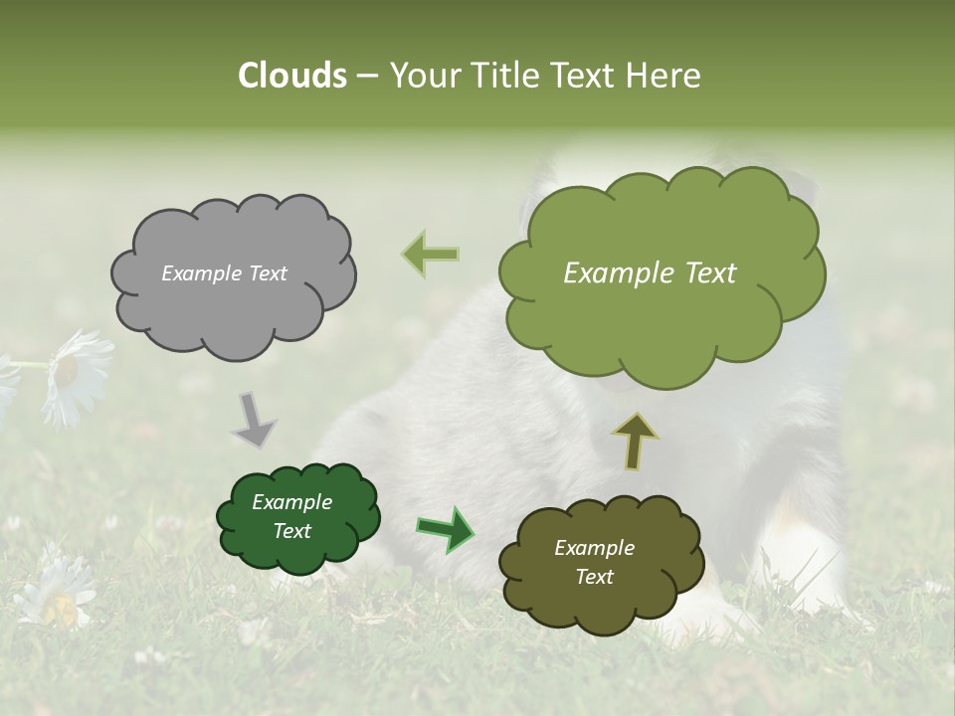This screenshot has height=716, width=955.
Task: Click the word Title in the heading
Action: coord(507,76)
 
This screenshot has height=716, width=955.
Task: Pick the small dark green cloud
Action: coord(297,517)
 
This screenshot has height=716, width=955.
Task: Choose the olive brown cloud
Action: coord(599,563)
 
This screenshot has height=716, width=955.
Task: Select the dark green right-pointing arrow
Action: coord(445,529)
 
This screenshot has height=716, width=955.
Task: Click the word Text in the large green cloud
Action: coord(702,273)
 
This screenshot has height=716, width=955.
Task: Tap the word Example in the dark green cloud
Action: coord(291,502)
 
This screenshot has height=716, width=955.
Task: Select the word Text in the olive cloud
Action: coord(594,577)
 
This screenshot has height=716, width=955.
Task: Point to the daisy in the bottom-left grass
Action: coord(58,591)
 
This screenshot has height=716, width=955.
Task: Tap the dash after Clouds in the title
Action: coord(366,76)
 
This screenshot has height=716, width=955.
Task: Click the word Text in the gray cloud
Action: coord(267,273)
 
